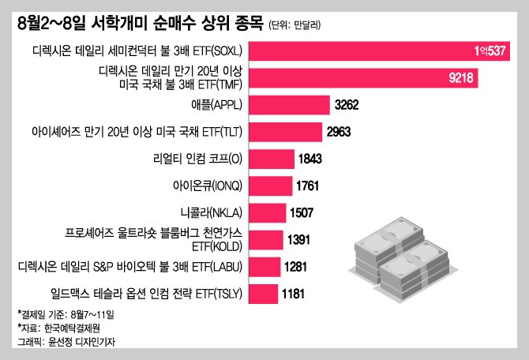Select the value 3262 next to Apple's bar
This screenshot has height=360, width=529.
click(349, 105)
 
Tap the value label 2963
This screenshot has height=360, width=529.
click(341, 132)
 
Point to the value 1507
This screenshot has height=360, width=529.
click(304, 212)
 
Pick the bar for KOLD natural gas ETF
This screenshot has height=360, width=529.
click(270, 240)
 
